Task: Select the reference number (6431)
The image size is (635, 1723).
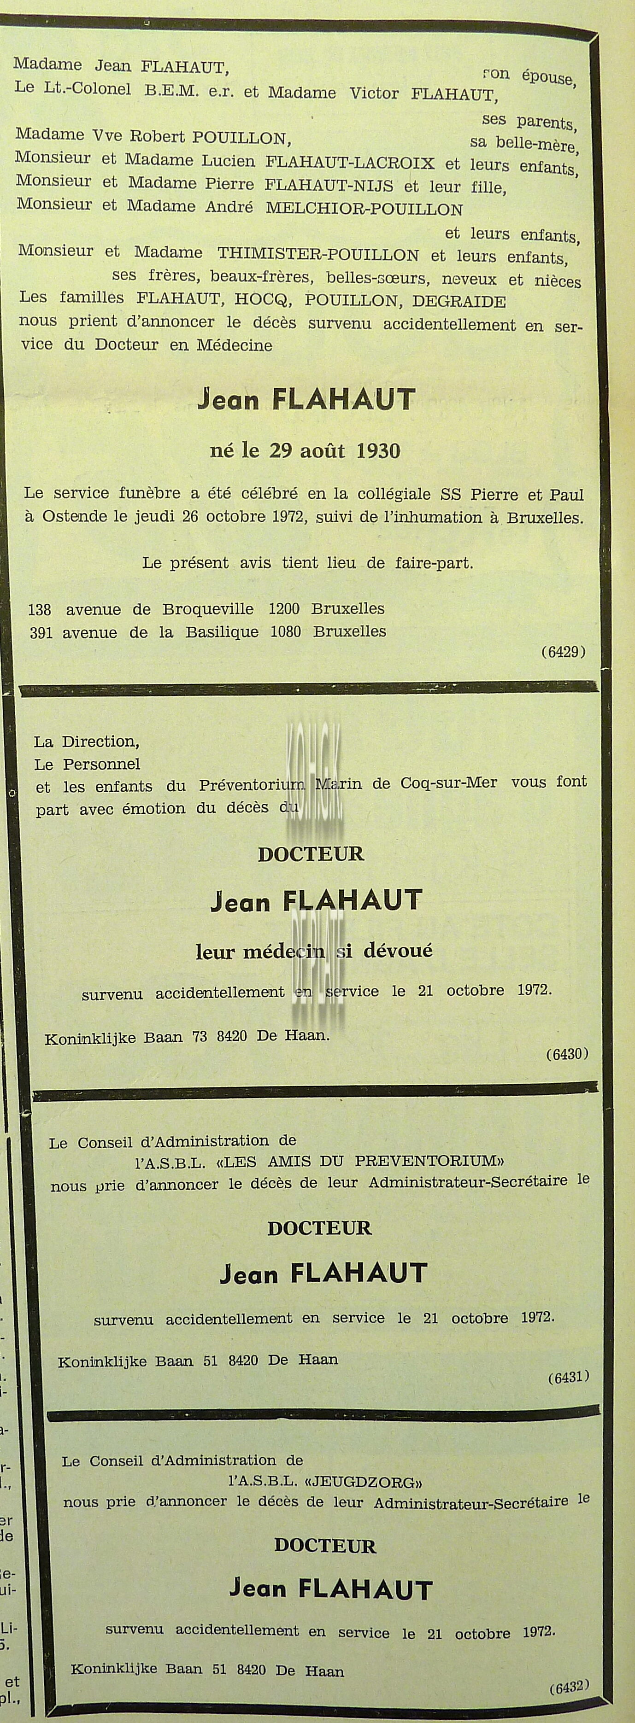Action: click(568, 1377)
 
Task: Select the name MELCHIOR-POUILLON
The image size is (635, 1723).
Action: click(364, 210)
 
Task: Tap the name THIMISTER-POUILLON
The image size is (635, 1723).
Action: click(318, 254)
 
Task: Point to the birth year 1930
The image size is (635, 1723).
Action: click(378, 451)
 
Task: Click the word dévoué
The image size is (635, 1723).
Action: click(398, 951)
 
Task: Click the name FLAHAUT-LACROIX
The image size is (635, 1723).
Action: click(350, 163)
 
